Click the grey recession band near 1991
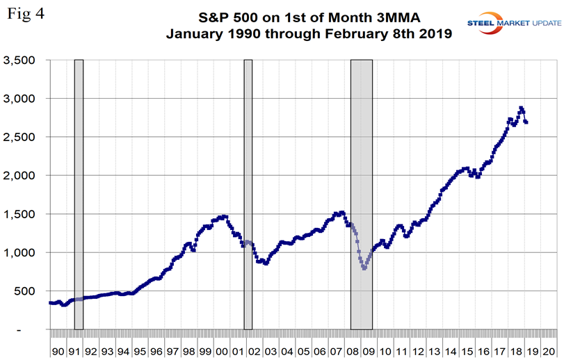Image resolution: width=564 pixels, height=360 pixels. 79,195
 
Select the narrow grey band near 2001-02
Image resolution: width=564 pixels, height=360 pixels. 248,195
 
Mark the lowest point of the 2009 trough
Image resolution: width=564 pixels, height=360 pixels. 364,268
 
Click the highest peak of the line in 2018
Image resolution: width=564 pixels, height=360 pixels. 521,108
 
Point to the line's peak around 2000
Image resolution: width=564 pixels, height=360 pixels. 223,216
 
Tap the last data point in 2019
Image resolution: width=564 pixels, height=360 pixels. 526,122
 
